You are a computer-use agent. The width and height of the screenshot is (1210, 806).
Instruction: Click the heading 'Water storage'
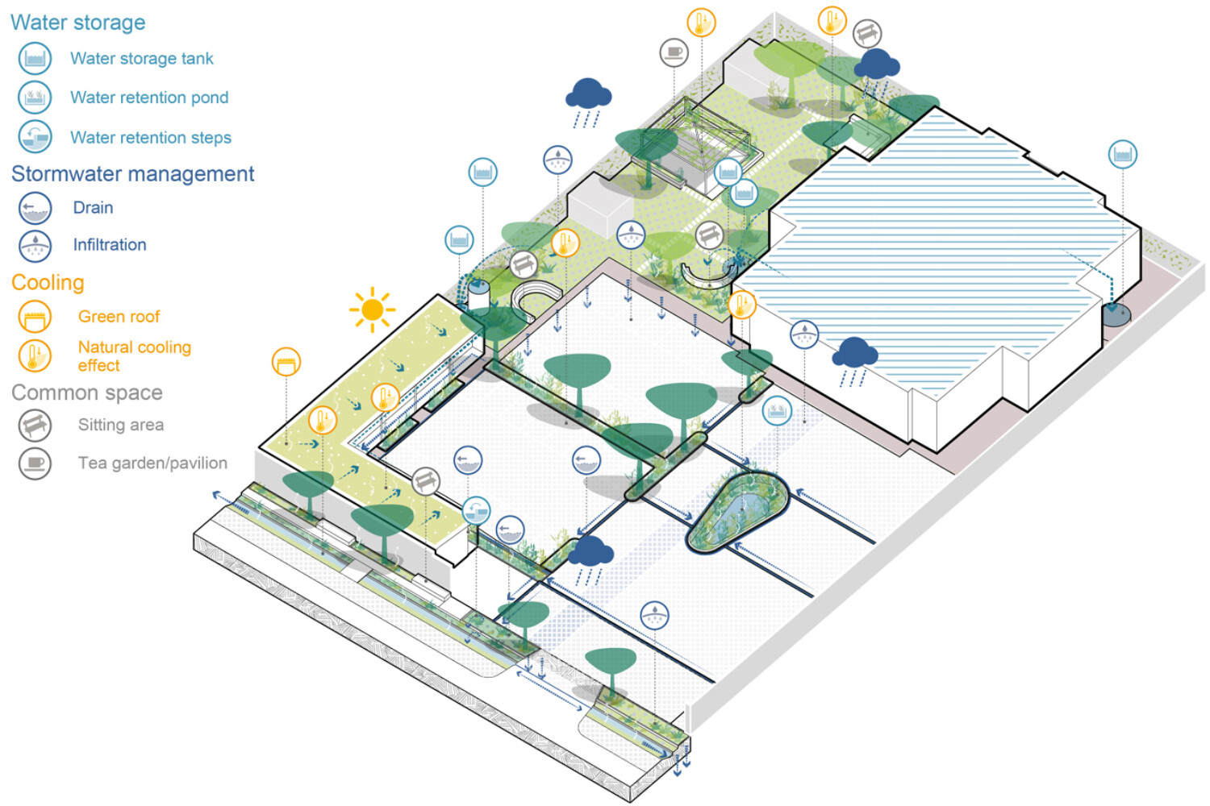pyautogui.click(x=78, y=23)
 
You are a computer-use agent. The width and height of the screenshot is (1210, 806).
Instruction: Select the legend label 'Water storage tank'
pyautogui.click(x=142, y=58)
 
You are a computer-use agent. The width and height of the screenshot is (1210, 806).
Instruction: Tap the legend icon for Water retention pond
pyautogui.click(x=35, y=98)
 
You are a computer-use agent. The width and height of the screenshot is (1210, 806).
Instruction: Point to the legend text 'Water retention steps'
pyautogui.click(x=151, y=137)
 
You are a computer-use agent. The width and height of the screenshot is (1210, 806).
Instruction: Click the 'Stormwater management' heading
pyautogui.click(x=133, y=174)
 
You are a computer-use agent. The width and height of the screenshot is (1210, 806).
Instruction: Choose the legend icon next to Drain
pyautogui.click(x=35, y=208)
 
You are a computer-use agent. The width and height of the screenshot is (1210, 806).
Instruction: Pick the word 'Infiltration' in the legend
pyautogui.click(x=110, y=244)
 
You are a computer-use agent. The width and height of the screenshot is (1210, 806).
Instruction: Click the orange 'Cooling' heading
pyautogui.click(x=48, y=283)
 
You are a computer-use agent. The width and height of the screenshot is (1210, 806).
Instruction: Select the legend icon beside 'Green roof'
pyautogui.click(x=35, y=317)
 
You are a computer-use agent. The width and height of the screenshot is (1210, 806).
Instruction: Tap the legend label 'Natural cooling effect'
pyautogui.click(x=134, y=355)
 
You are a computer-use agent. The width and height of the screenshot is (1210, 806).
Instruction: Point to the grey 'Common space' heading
pyautogui.click(x=87, y=393)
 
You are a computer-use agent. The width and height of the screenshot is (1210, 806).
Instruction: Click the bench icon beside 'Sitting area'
pyautogui.click(x=35, y=425)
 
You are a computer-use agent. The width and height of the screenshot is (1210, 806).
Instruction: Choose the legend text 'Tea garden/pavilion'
pyautogui.click(x=152, y=463)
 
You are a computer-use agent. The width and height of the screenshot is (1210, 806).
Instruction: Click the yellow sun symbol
pyautogui.click(x=372, y=309)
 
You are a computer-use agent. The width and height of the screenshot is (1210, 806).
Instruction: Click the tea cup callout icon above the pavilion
pyautogui.click(x=674, y=53)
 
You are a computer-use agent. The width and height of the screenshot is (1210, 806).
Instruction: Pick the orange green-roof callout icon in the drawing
pyautogui.click(x=286, y=362)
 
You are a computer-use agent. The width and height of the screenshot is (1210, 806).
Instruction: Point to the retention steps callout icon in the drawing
pyautogui.click(x=476, y=510)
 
